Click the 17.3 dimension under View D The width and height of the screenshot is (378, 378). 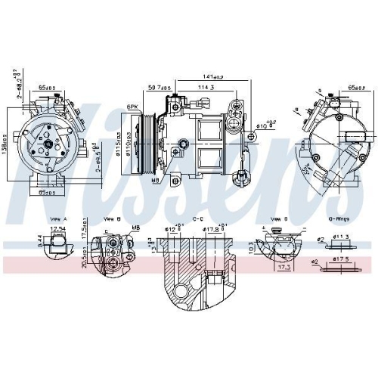coord(285,266)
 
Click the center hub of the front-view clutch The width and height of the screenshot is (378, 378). coord(48,143)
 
